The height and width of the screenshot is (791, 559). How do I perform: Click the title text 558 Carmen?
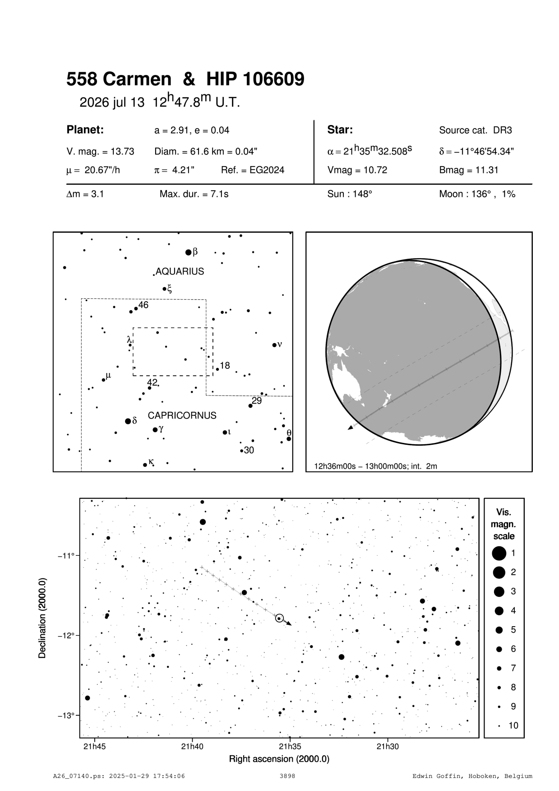pyautogui.click(x=119, y=80)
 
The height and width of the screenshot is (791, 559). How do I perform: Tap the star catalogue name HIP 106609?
pyautogui.click(x=255, y=80)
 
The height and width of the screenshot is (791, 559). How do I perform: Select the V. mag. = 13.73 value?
pyautogui.click(x=100, y=152)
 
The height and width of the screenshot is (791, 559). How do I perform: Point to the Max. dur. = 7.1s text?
pyautogui.click(x=194, y=195)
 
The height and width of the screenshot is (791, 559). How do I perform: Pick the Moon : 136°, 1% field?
pyautogui.click(x=477, y=195)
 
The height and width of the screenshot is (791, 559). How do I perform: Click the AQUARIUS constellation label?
pyautogui.click(x=180, y=271)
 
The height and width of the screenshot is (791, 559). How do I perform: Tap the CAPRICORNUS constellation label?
pyautogui.click(x=182, y=415)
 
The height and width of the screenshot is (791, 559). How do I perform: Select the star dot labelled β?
pyautogui.click(x=189, y=252)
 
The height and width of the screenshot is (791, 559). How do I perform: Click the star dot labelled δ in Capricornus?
pyautogui.click(x=128, y=421)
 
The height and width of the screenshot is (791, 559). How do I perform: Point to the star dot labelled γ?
pyautogui.click(x=155, y=429)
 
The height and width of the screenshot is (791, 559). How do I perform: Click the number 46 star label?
pyautogui.click(x=143, y=305)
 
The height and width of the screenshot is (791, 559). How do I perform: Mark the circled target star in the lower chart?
pyautogui.click(x=279, y=618)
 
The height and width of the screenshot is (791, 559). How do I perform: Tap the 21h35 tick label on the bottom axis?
pyautogui.click(x=289, y=746)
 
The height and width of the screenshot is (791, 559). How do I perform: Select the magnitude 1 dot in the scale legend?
pyautogui.click(x=499, y=553)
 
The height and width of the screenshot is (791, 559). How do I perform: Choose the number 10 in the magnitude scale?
pyautogui.click(x=513, y=726)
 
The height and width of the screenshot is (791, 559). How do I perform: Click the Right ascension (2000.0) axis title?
pyautogui.click(x=279, y=759)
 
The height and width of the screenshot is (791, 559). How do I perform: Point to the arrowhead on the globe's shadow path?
pyautogui.click(x=351, y=427)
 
